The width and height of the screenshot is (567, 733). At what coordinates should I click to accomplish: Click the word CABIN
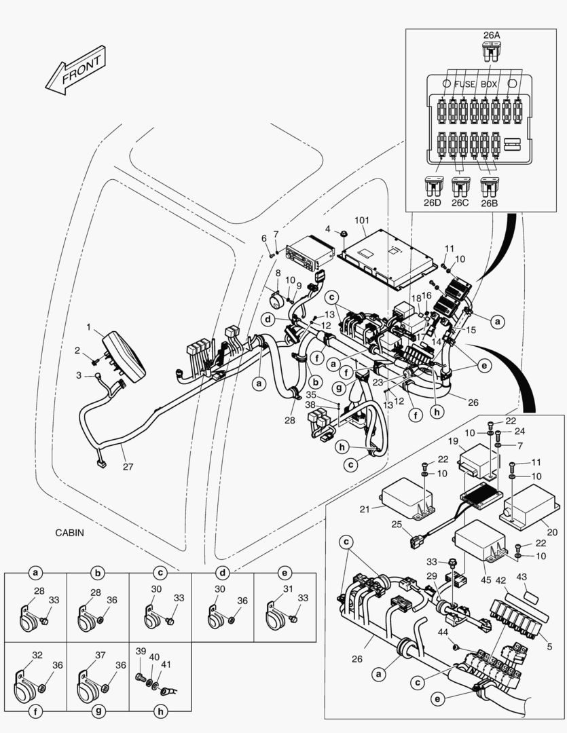(70, 533)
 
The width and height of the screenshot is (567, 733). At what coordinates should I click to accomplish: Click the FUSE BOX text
(476, 85)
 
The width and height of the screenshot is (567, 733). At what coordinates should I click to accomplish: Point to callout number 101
(361, 221)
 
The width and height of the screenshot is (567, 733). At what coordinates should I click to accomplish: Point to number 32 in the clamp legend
(37, 656)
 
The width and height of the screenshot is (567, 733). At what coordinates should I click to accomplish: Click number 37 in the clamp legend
(100, 656)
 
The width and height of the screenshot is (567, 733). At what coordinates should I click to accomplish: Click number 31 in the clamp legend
(288, 589)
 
